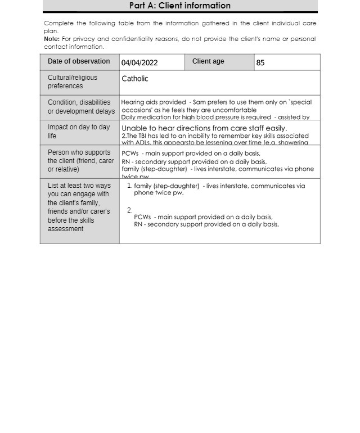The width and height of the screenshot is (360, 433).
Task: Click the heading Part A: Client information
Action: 180,6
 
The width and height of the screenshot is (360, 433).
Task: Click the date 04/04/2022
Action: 139,63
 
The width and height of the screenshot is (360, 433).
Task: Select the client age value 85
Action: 260,63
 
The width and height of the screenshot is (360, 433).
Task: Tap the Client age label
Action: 208,61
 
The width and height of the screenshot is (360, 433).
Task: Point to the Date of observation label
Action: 79,61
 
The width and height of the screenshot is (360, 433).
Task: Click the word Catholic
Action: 135,79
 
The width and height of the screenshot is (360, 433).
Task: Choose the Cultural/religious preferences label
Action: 73,82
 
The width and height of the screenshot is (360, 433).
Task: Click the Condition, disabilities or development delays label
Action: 81,107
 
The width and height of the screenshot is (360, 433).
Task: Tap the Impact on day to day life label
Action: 79,132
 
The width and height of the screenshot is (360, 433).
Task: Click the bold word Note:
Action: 52,39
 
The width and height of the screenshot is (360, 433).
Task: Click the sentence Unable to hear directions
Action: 204,128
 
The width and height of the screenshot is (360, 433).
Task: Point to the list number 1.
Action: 129,186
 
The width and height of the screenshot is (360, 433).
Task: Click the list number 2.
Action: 129,210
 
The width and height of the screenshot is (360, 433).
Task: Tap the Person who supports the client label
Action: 80,161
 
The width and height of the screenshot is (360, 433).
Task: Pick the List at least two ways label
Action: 79,207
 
